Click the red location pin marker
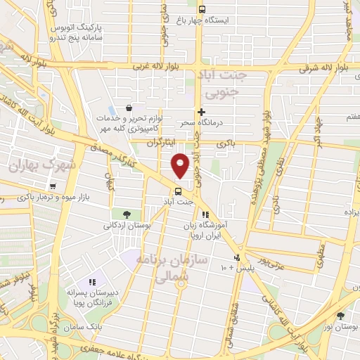(x=181, y=165)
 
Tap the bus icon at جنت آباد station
(x=178, y=191)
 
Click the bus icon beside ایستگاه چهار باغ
(x=202, y=10)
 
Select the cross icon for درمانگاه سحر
(x=201, y=112)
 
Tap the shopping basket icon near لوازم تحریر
(x=129, y=108)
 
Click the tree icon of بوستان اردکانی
(x=126, y=214)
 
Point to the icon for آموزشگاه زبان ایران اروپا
(x=205, y=215)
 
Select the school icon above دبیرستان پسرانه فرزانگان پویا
(x=92, y=282)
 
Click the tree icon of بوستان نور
(x=341, y=316)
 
